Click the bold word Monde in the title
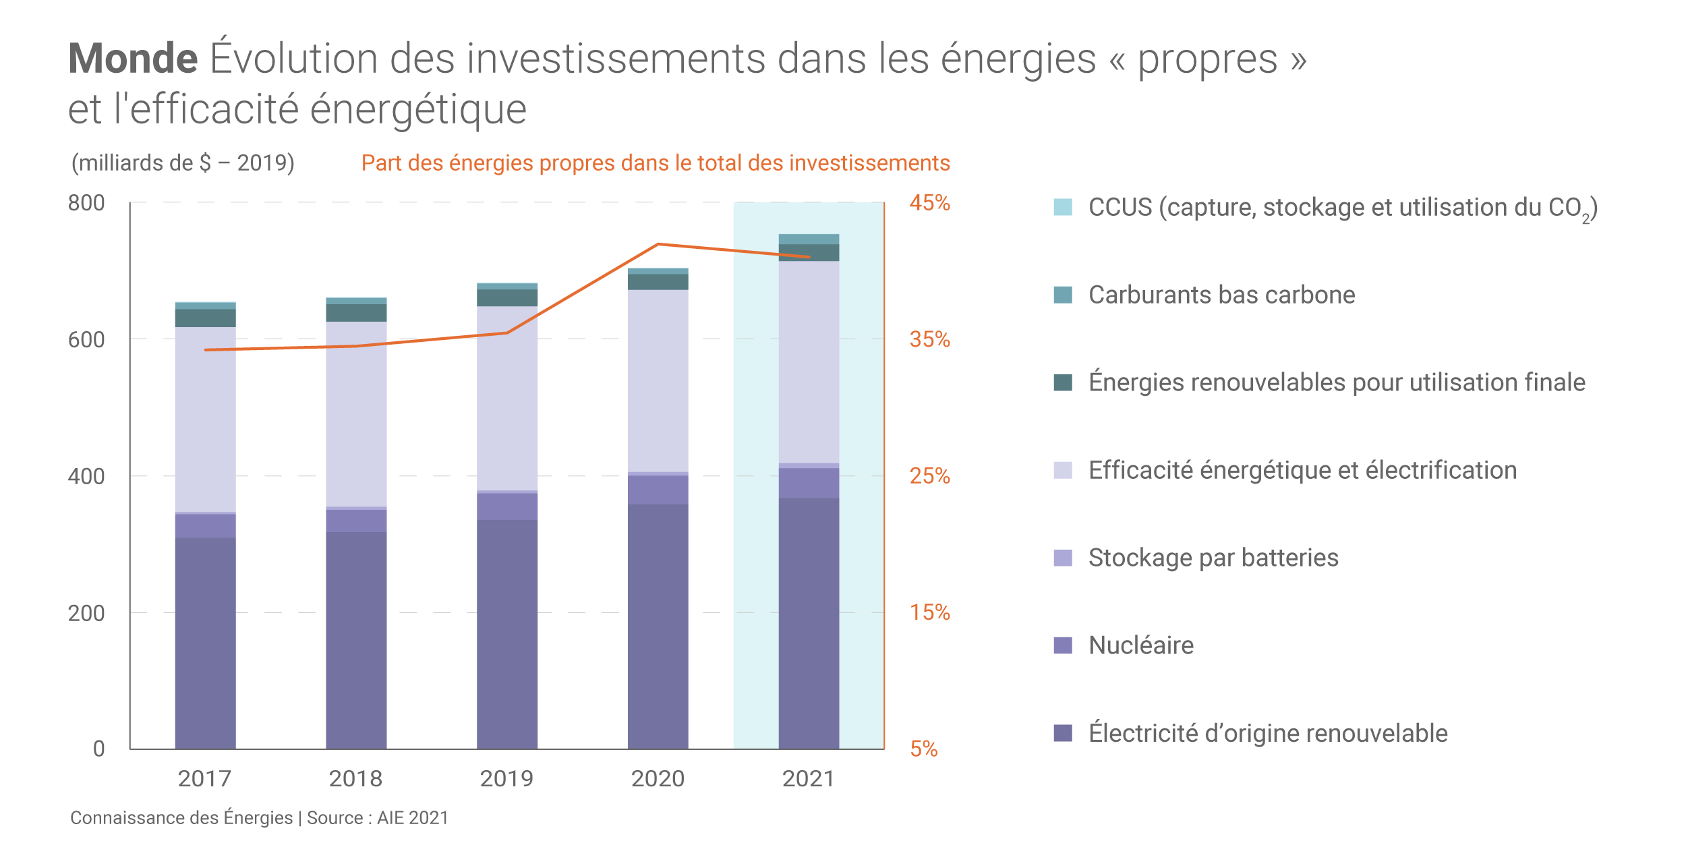tap(133, 59)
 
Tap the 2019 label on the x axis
tap(506, 779)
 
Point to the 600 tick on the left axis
tap(86, 340)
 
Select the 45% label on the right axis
tap(929, 203)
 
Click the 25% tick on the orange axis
tap(929, 476)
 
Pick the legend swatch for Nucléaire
tap(1063, 645)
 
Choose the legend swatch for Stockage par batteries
tap(1063, 558)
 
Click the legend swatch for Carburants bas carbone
tap(1063, 295)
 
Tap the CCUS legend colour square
tap(1063, 207)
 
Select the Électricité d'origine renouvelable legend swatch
tap(1063, 733)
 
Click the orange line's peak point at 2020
tap(658, 244)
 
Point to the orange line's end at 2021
tap(809, 257)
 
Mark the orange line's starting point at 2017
tap(206, 350)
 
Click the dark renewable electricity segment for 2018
tap(356, 641)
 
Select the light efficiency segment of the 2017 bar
tap(205, 418)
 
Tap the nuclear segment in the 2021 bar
tap(809, 483)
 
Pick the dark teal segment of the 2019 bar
tap(507, 297)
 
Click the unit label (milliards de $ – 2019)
tap(183, 163)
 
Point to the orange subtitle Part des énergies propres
tap(655, 163)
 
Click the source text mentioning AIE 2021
tap(259, 818)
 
